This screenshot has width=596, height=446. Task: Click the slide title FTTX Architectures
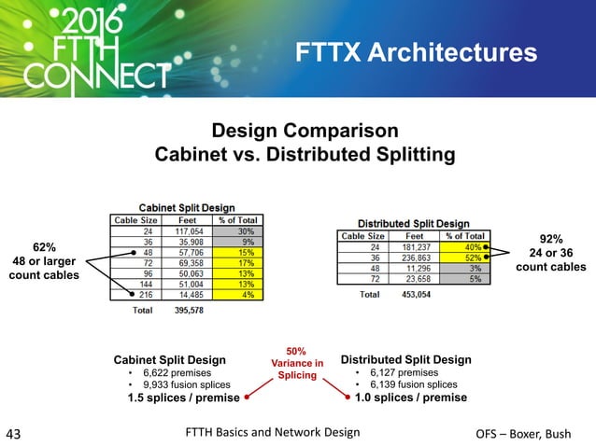click(x=416, y=53)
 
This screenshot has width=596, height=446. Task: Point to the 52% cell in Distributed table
click(x=474, y=258)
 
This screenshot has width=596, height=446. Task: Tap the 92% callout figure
click(x=551, y=240)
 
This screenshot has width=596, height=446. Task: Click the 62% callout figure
click(x=43, y=247)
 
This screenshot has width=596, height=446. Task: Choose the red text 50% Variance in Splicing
click(x=296, y=363)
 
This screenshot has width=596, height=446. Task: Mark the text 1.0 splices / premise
click(x=411, y=397)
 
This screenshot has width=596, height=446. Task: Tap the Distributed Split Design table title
click(x=414, y=223)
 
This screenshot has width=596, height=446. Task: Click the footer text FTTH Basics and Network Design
click(x=272, y=432)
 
